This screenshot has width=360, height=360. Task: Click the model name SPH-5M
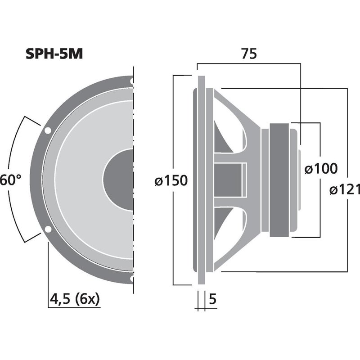pos(54,54)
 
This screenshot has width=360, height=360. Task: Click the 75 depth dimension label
pos(248,54)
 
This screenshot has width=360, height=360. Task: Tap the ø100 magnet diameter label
pos(320,169)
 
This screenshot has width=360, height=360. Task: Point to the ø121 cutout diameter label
pos(345,190)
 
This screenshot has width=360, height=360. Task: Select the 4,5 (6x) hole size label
pos(75,298)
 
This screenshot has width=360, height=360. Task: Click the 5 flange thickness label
pos(213,298)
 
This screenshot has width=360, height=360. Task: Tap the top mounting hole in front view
pos(131,81)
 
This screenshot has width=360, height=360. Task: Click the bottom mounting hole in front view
pos(131,279)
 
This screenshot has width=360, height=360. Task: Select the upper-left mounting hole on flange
pos(47,131)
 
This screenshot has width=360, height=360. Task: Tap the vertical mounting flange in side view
pos(201,180)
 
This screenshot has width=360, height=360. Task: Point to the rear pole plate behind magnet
pos(293,180)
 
